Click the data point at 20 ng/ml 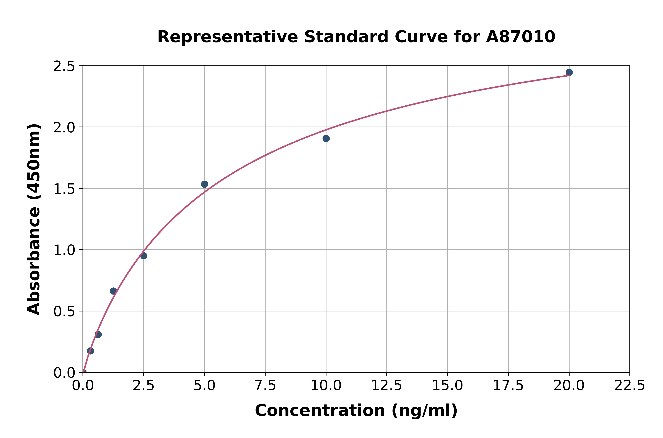click(x=569, y=72)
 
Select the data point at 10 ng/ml click(x=326, y=138)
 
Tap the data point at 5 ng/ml click(x=204, y=184)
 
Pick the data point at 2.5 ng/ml click(x=144, y=256)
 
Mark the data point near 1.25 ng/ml click(x=113, y=291)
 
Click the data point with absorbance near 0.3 click(x=98, y=334)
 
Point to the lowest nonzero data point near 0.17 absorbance click(x=90, y=351)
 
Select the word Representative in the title click(x=227, y=37)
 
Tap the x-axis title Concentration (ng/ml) click(x=356, y=411)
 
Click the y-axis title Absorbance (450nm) click(x=34, y=219)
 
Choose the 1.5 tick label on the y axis click(x=64, y=189)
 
